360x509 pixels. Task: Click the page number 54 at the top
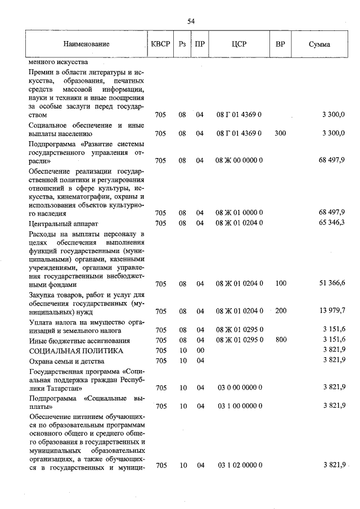coord(191,21)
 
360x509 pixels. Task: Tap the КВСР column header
coord(160,44)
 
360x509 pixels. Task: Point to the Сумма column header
coord(319,44)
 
